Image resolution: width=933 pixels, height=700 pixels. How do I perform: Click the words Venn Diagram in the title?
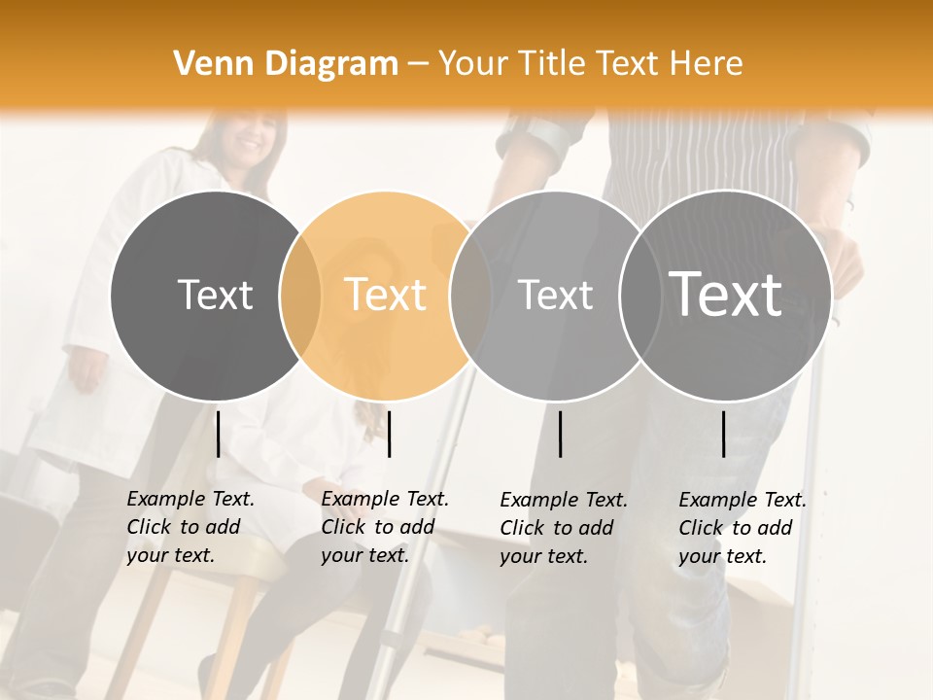tap(286, 64)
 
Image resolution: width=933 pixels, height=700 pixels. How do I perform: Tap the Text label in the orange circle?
tap(386, 295)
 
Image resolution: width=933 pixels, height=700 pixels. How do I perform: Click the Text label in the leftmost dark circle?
tap(215, 295)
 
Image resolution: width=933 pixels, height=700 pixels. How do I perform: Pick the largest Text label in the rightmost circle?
tap(726, 294)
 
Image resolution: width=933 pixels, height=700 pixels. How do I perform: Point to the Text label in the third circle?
tap(555, 295)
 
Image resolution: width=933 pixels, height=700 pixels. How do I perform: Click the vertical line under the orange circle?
tap(389, 434)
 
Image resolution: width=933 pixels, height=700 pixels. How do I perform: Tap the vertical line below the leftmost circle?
tap(218, 434)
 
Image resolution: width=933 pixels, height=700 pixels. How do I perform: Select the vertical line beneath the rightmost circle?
tap(723, 434)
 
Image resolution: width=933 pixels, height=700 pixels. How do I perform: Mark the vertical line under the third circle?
tap(560, 434)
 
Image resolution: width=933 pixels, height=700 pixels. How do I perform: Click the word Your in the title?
tap(471, 64)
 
